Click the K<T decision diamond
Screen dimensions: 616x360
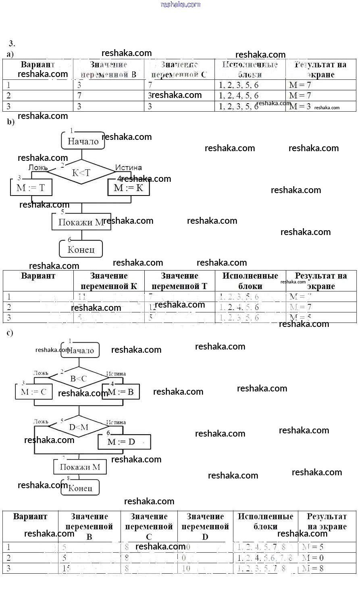(x=81, y=173)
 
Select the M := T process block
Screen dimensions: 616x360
(x=31, y=187)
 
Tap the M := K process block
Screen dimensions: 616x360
(x=129, y=187)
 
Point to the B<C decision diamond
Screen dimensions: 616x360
(x=78, y=379)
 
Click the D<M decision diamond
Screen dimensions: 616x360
(x=79, y=427)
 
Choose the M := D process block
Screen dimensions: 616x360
(x=124, y=442)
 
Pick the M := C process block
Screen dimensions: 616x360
(x=34, y=391)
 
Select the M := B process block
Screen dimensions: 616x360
(x=121, y=391)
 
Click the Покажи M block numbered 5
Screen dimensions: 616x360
(x=81, y=222)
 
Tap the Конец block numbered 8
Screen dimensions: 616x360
(x=80, y=488)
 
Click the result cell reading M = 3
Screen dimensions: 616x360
(x=300, y=106)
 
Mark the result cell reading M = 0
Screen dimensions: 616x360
(x=313, y=558)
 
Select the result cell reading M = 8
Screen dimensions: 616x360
(x=313, y=568)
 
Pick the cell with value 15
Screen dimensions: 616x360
(x=67, y=568)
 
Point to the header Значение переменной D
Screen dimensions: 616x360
(x=205, y=526)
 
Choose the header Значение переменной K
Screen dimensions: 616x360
(x=109, y=281)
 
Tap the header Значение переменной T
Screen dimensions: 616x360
(x=179, y=281)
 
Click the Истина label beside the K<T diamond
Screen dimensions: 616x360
(x=128, y=167)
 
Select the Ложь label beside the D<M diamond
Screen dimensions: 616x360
(x=41, y=422)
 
